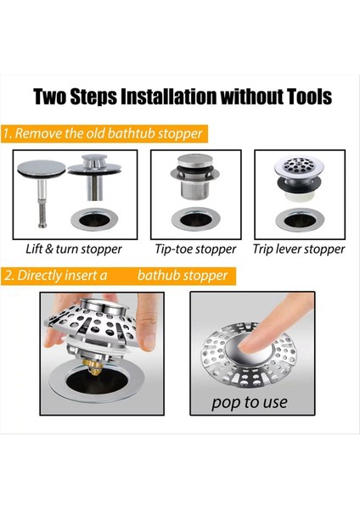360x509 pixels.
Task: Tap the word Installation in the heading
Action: tap(168, 97)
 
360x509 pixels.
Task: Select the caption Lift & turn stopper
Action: tap(74, 249)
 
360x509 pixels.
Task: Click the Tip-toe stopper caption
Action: tap(195, 249)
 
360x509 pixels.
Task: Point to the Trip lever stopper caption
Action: tap(299, 249)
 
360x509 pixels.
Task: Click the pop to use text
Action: tap(250, 403)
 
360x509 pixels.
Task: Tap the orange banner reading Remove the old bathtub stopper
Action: tap(104, 134)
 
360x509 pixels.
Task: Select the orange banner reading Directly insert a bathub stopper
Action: tap(118, 276)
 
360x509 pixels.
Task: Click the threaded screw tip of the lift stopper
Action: tap(42, 214)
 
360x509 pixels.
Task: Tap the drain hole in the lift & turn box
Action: tap(94, 220)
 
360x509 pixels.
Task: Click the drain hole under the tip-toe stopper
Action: tap(195, 220)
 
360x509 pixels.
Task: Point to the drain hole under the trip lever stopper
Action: tap(299, 221)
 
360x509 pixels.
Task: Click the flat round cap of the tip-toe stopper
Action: tap(195, 161)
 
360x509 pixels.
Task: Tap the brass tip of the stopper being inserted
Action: tap(94, 366)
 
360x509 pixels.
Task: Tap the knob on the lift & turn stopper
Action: tap(93, 161)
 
